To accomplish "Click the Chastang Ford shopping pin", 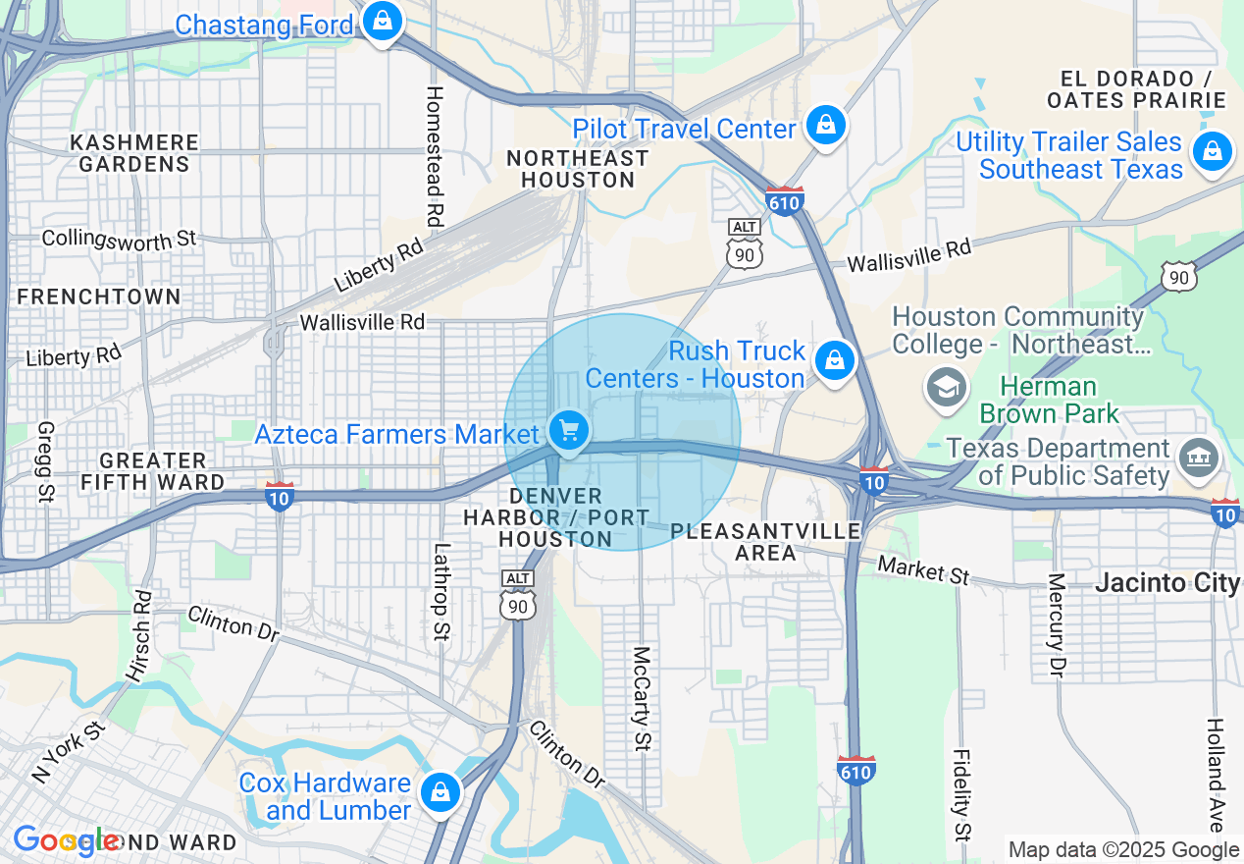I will coord(383,20).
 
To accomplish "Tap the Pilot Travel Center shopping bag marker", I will coord(826,126).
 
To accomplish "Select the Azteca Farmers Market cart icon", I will coord(568,430).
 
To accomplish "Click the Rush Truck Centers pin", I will coord(835,360).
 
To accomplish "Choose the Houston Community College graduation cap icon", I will coord(946,387).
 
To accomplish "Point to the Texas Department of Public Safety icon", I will coord(1198,458).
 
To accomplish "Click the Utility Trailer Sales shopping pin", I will coord(1213,152).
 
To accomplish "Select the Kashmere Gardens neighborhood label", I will coord(134,153).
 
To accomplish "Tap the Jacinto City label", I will coord(1166,582).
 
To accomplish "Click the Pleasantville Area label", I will coord(765,542).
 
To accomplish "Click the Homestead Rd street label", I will coord(435,155).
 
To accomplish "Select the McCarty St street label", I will coord(642,698).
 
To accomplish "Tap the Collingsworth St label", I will coord(119,239).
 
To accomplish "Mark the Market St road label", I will coord(923,569).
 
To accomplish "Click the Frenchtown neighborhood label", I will coord(99,297).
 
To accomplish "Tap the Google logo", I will coord(66,840).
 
